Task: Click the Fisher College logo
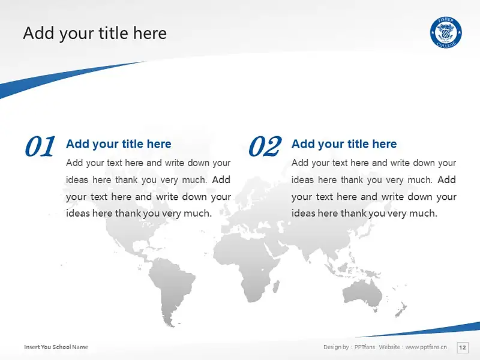[446, 32]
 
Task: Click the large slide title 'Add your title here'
[95, 33]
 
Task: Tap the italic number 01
[40, 146]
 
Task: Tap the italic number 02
[265, 146]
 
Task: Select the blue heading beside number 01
[118, 144]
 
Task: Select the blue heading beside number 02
[344, 144]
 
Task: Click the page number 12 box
[462, 347]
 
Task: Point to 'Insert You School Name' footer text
[56, 347]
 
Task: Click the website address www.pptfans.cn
[426, 347]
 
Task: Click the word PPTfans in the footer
[365, 347]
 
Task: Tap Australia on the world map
[363, 294]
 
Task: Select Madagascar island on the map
[276, 286]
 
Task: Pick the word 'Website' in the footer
[389, 347]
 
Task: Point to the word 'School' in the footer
[62, 347]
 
